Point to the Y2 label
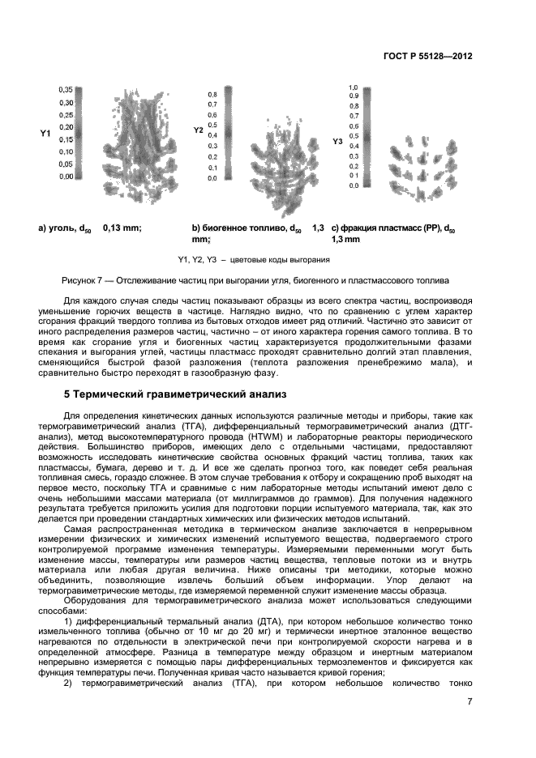point(198,130)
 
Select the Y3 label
point(337,142)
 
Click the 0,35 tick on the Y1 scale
point(66,89)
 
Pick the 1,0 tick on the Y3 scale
point(354,87)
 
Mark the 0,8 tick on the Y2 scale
point(212,94)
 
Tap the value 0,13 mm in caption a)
point(122,229)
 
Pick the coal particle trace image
point(130,138)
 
